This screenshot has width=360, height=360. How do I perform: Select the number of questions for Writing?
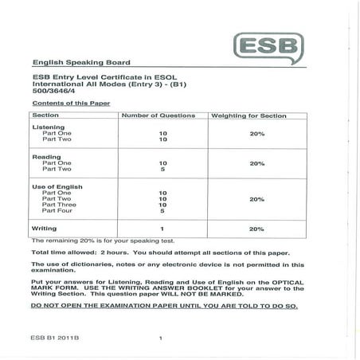tap(162, 229)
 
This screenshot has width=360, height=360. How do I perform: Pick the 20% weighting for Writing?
tap(256, 229)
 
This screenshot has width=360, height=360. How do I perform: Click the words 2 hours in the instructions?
tap(109, 251)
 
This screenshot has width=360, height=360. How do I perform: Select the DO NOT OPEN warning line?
tap(163, 306)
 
